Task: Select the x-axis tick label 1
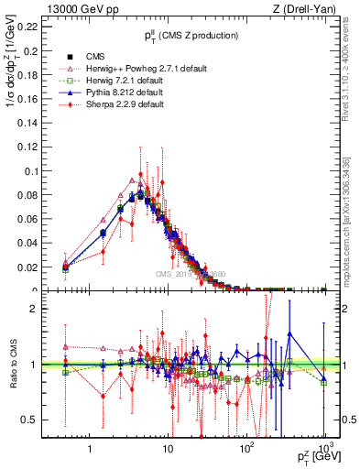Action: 90,450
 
